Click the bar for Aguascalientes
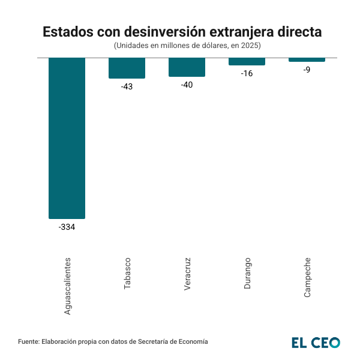pos(67,138)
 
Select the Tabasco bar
pos(127,68)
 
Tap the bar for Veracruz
pos(187,67)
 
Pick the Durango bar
pos(247,61)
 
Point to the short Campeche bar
pos(307,59)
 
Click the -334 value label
pos(67,227)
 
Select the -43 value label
pos(127,86)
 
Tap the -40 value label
pos(187,85)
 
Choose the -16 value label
pos(247,74)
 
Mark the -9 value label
pos(307,70)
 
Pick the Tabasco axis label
pos(127,274)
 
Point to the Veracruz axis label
pos(187,274)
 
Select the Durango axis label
pos(247,273)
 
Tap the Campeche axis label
pos(307,277)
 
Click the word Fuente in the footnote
pos(29,341)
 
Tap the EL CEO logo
pos(316,342)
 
